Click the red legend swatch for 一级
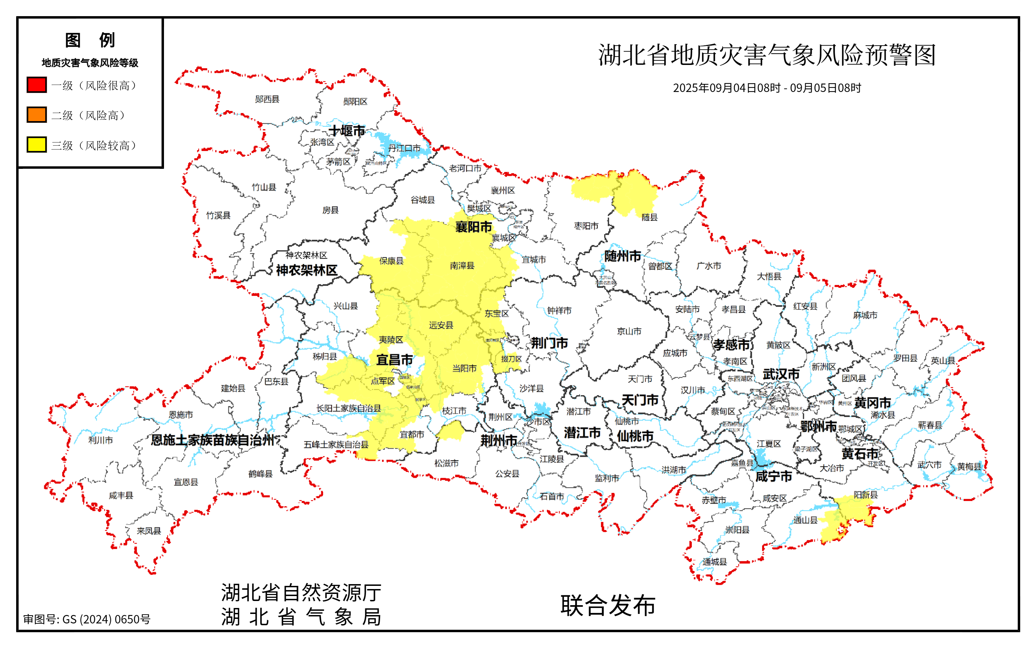[37, 85]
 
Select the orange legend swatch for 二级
[37, 115]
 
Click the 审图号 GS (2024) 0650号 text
[87, 619]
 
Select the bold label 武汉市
[781, 374]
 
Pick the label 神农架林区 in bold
[307, 270]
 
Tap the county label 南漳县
[462, 266]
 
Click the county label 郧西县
[267, 99]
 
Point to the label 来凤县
[149, 531]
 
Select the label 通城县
[715, 562]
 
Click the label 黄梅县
[969, 466]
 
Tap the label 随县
[649, 217]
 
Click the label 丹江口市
[404, 148]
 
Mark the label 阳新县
[865, 495]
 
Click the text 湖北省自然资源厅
[301, 593]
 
